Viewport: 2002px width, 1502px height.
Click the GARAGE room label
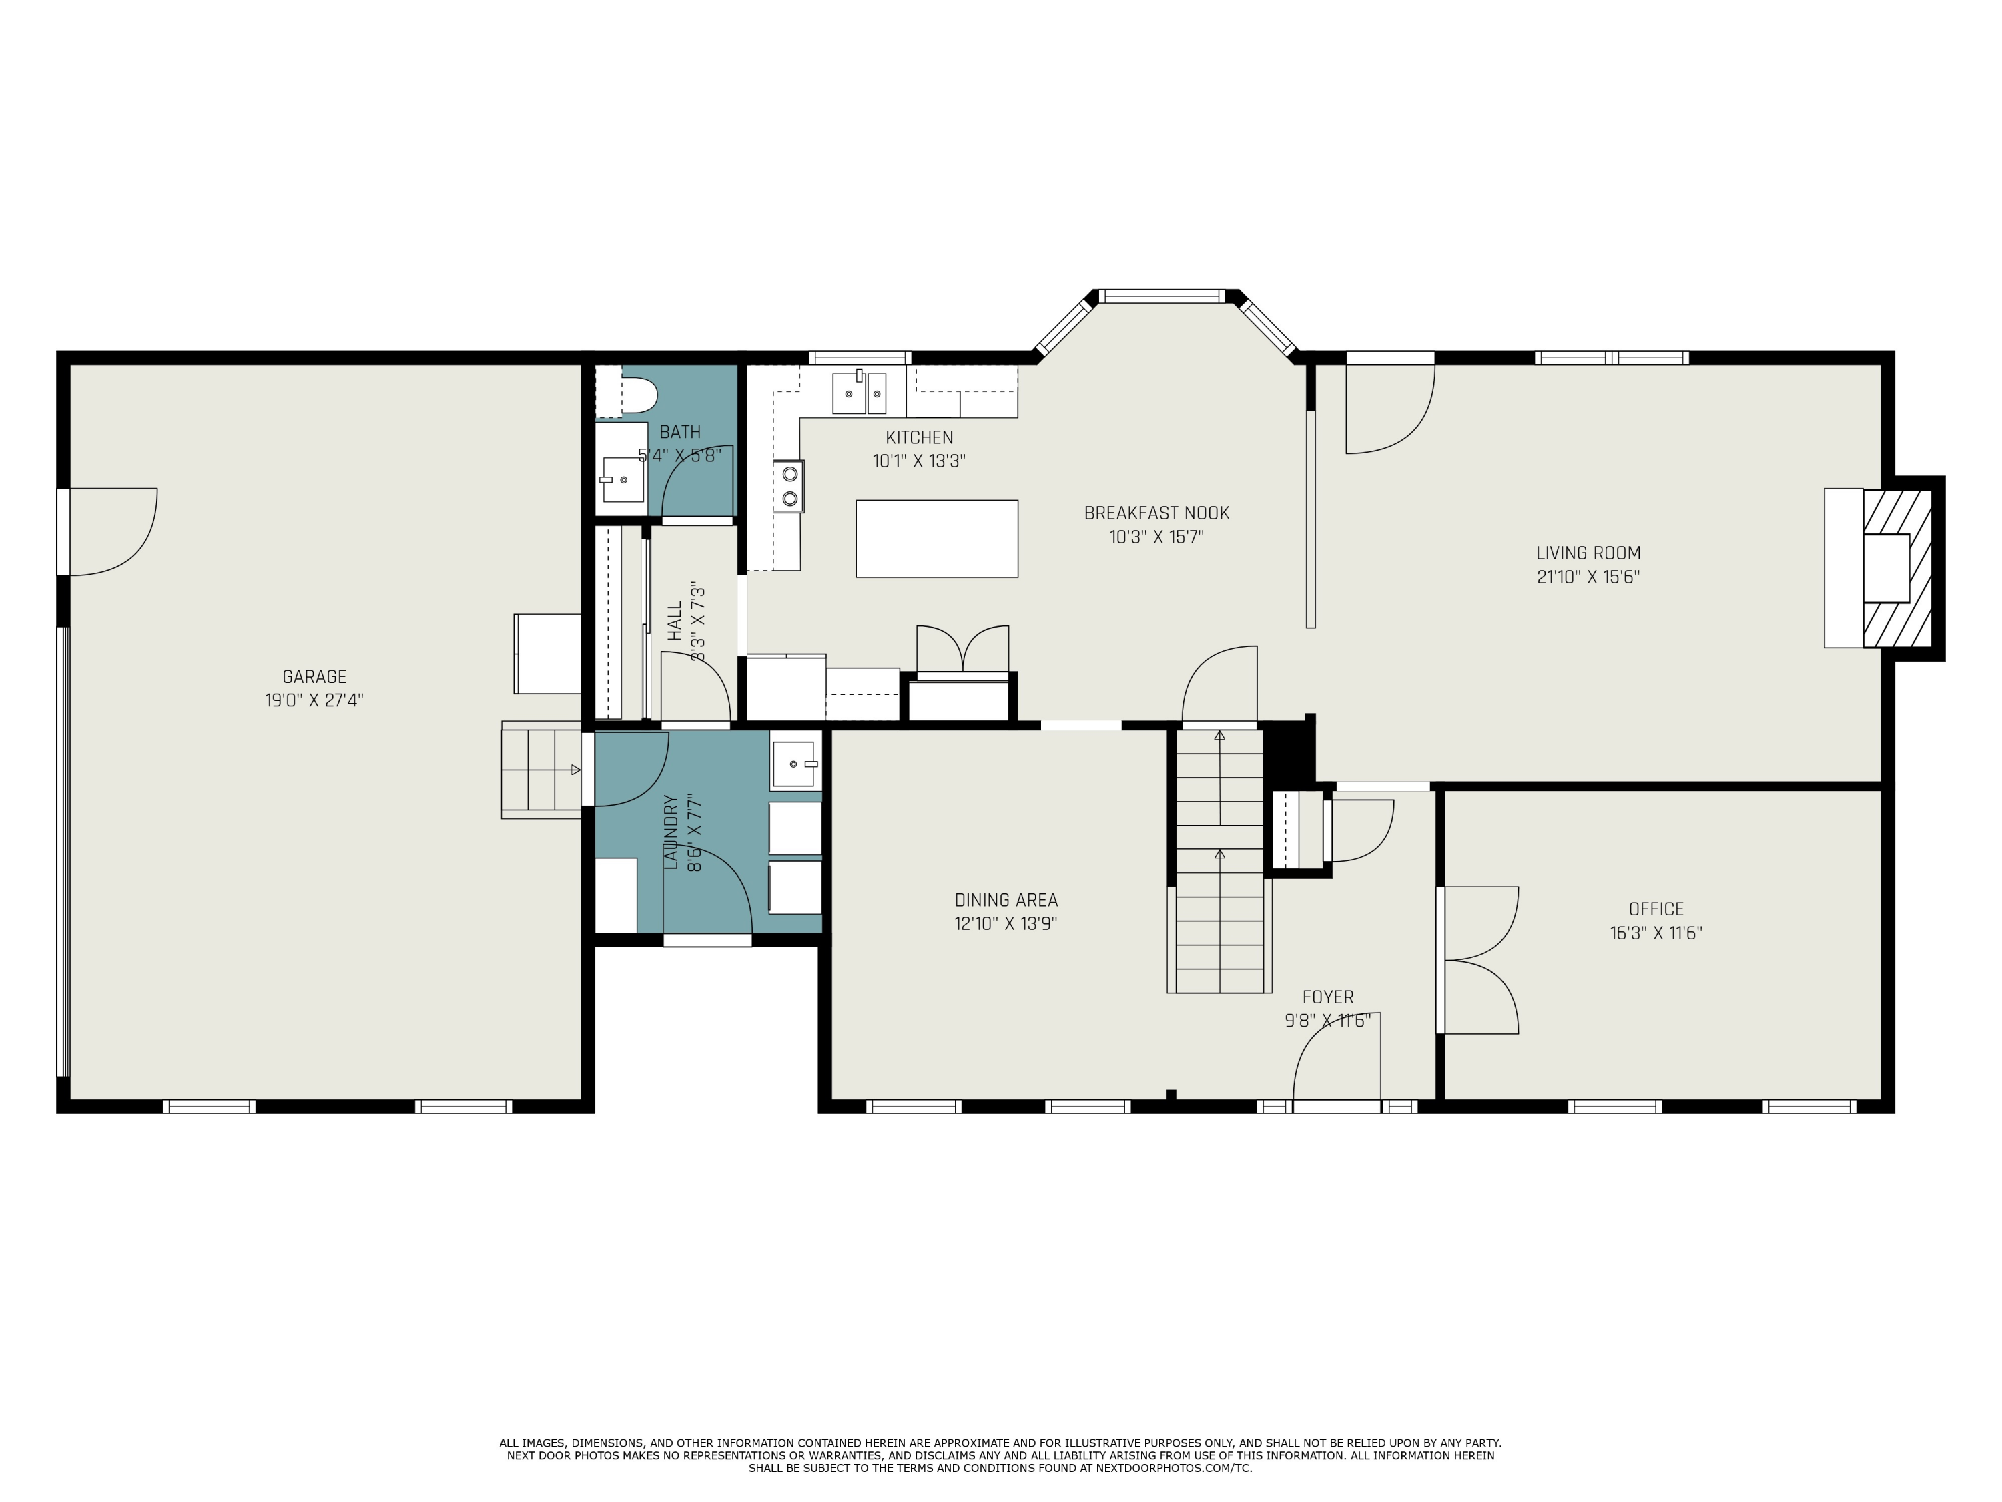point(314,676)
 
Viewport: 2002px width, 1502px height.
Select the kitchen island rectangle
point(937,539)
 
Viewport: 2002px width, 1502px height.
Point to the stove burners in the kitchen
point(789,485)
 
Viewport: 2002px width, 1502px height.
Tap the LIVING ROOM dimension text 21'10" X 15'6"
point(1588,577)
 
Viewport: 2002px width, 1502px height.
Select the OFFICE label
point(1656,909)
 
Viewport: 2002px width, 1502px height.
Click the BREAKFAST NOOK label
point(1156,513)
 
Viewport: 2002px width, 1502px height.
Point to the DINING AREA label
point(1006,900)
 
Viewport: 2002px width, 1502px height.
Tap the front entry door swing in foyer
point(1337,1057)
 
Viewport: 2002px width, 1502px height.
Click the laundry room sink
point(793,764)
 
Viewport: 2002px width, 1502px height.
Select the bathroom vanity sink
point(623,479)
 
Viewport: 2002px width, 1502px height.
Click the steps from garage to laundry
point(541,770)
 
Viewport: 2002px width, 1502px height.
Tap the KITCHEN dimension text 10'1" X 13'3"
point(919,461)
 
